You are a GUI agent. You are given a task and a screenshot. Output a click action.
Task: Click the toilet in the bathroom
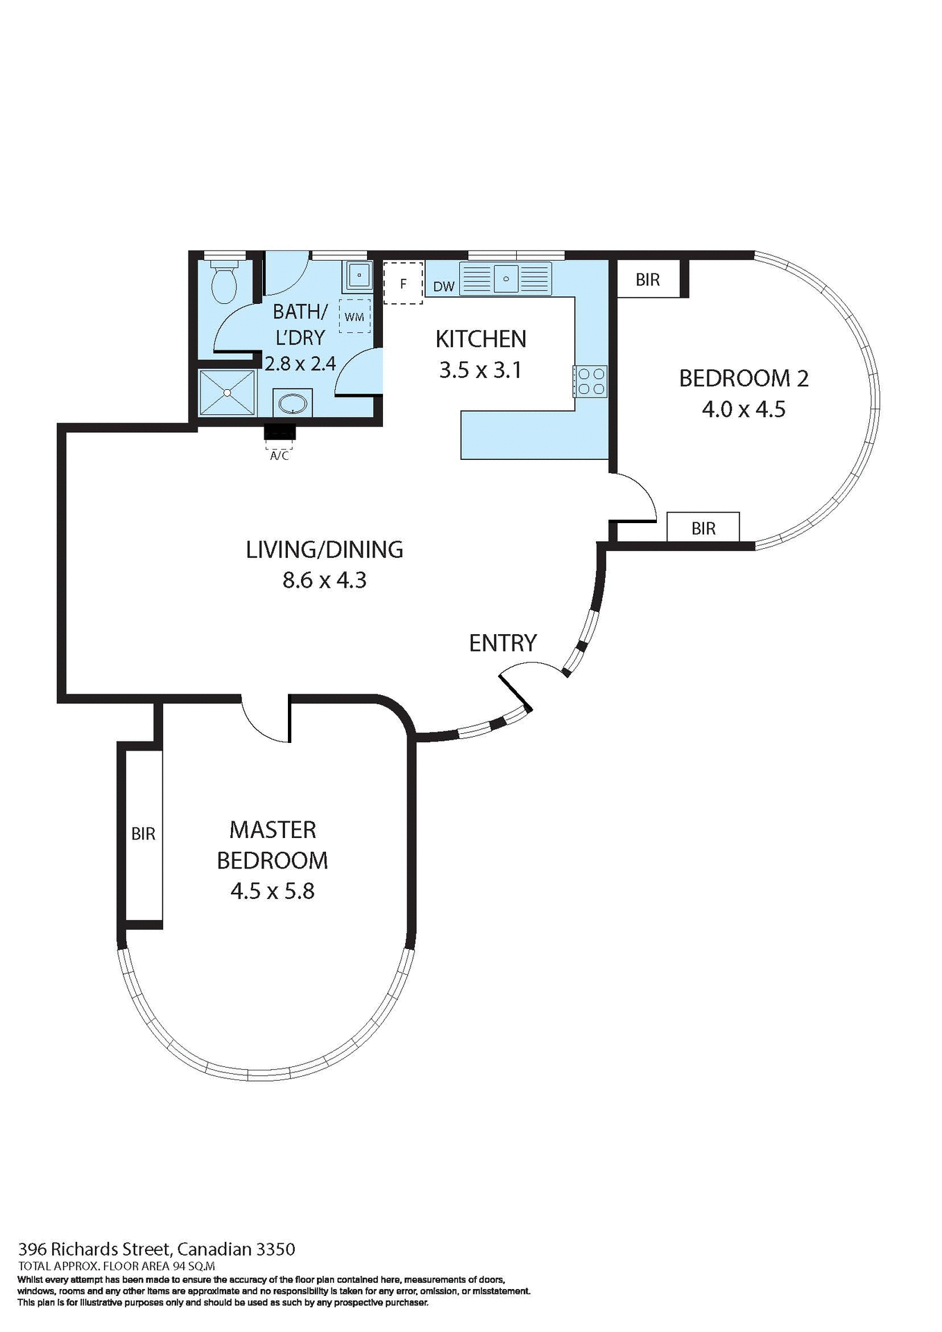pyautogui.click(x=224, y=284)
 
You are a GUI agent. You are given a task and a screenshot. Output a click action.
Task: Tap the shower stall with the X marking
pyautogui.click(x=228, y=393)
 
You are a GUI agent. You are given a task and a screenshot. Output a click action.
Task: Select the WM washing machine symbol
pyautogui.click(x=354, y=316)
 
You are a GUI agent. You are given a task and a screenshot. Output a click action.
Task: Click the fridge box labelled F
pyautogui.click(x=403, y=283)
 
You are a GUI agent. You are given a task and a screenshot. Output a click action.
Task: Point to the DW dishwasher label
pyautogui.click(x=443, y=287)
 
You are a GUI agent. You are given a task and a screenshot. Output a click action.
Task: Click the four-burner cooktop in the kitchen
pyautogui.click(x=590, y=381)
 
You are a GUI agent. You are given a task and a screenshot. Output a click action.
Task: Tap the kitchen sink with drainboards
pyautogui.click(x=506, y=278)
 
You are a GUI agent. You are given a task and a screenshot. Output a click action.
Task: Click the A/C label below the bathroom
pyautogui.click(x=279, y=456)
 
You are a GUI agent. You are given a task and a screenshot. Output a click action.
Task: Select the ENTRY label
pyautogui.click(x=503, y=643)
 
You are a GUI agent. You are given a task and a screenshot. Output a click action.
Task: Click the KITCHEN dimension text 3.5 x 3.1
pyautogui.click(x=480, y=370)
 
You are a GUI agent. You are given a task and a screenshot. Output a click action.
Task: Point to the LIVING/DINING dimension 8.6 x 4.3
pyautogui.click(x=324, y=579)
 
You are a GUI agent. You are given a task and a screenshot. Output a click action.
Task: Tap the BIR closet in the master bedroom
pyautogui.click(x=144, y=834)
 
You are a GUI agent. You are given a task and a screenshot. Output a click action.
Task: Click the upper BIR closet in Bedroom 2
pyautogui.click(x=648, y=280)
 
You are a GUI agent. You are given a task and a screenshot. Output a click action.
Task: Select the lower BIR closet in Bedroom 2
pyautogui.click(x=703, y=528)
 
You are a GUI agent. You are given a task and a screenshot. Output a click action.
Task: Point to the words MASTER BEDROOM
pyautogui.click(x=272, y=845)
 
